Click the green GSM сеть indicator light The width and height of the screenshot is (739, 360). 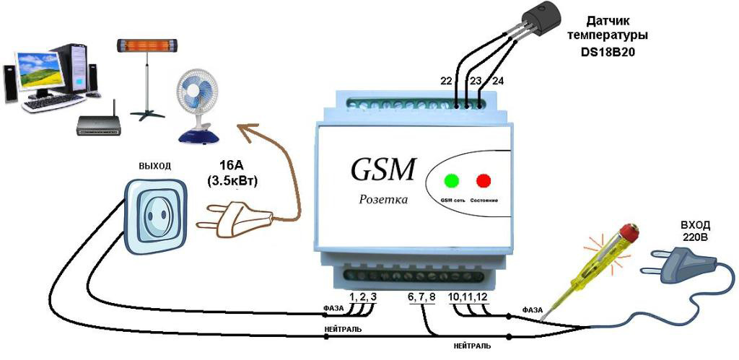pyautogui.click(x=452, y=180)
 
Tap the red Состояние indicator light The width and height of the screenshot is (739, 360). pyautogui.click(x=483, y=180)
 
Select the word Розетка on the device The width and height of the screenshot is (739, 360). pyautogui.click(x=383, y=199)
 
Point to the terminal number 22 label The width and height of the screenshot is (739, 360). pyautogui.click(x=447, y=80)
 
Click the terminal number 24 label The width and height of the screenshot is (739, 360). pyautogui.click(x=497, y=80)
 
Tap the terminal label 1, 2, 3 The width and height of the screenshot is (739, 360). pyautogui.click(x=363, y=297)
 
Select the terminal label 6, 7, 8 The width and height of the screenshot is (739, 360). pyautogui.click(x=422, y=297)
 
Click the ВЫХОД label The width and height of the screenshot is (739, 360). pyautogui.click(x=154, y=166)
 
